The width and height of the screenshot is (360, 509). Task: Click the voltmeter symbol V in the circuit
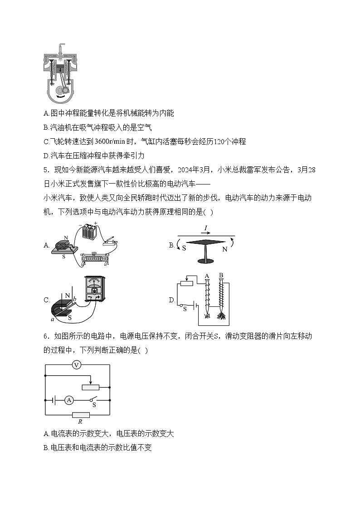pyautogui.click(x=77, y=365)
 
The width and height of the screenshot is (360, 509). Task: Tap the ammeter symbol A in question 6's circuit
pyautogui.click(x=69, y=400)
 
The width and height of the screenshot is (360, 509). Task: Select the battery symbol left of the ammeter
pyautogui.click(x=54, y=400)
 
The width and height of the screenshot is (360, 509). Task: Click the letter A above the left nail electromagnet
pyautogui.click(x=207, y=276)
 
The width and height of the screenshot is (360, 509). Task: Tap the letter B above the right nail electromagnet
pyautogui.click(x=221, y=275)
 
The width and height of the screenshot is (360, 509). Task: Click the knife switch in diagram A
pyautogui.click(x=110, y=243)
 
